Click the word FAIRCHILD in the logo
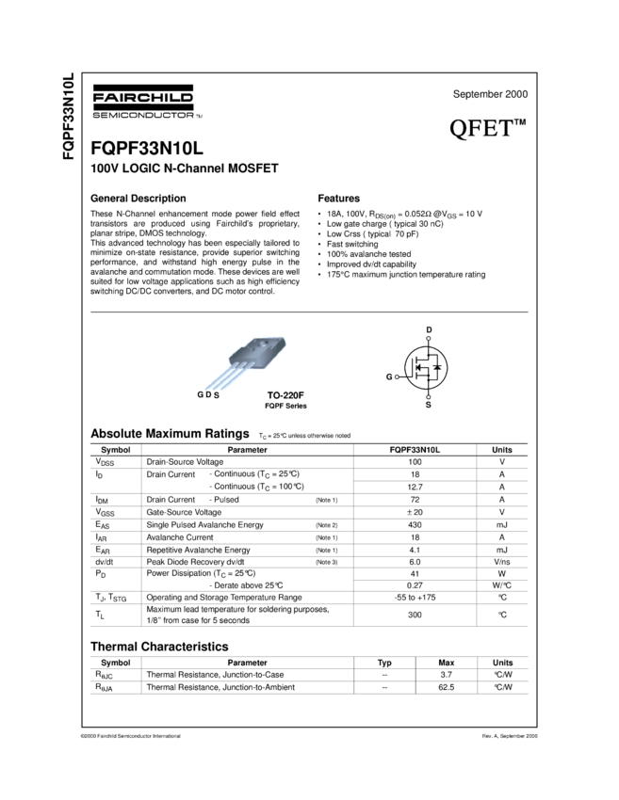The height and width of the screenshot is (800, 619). [141, 96]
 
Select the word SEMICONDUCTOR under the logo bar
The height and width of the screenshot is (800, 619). [141, 115]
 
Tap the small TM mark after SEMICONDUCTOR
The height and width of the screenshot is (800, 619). [199, 116]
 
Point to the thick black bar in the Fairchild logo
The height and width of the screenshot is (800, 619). [141, 105]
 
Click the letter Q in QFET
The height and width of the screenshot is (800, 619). [459, 128]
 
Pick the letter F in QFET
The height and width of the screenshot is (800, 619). [477, 128]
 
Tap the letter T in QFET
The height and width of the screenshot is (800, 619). [505, 128]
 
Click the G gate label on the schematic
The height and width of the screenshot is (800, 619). [388, 376]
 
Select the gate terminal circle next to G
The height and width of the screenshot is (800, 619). [398, 376]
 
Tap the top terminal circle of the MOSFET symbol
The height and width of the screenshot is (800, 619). [429, 338]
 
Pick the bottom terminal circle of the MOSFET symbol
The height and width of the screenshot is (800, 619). [429, 396]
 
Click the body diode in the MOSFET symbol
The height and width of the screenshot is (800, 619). [436, 366]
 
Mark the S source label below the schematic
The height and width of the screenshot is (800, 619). [429, 404]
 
